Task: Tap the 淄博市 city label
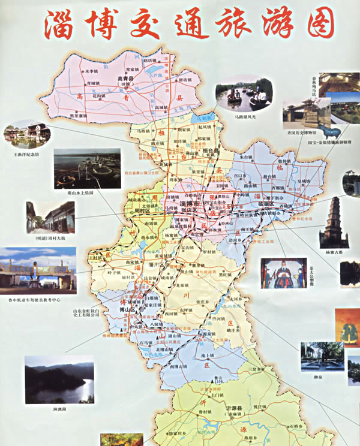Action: [190, 205]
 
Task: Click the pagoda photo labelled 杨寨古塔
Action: [334, 222]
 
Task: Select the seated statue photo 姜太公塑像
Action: [283, 273]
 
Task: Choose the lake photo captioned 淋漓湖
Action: [59, 379]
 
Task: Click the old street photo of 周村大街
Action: [50, 217]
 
